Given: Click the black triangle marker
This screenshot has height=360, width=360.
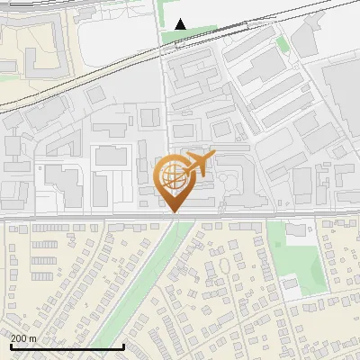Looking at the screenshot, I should coord(181,23).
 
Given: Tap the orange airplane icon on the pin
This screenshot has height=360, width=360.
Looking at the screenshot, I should coord(195,165).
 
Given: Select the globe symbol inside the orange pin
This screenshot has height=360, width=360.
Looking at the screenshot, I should coord(172,175).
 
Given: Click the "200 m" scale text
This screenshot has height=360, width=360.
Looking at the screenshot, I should coord(24,337).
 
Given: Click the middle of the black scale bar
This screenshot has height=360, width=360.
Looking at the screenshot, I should coord(67,346).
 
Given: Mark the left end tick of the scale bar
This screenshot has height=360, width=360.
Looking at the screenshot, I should coord(10,346).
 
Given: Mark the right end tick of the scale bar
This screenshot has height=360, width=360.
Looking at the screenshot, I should coord(123,346).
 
